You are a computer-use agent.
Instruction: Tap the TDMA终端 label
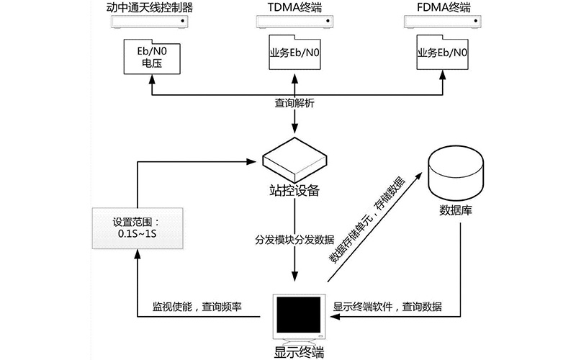click(294, 9)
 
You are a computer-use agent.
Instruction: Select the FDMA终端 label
click(442, 9)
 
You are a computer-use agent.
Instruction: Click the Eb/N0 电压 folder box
click(150, 56)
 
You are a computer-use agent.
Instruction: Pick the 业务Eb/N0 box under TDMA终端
click(294, 55)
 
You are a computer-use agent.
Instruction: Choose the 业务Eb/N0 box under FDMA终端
click(442, 55)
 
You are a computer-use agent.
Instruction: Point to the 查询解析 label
click(294, 104)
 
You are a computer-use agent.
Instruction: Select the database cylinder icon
click(456, 171)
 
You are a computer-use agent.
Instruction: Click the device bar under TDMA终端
click(294, 23)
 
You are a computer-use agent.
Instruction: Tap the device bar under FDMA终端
click(442, 23)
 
